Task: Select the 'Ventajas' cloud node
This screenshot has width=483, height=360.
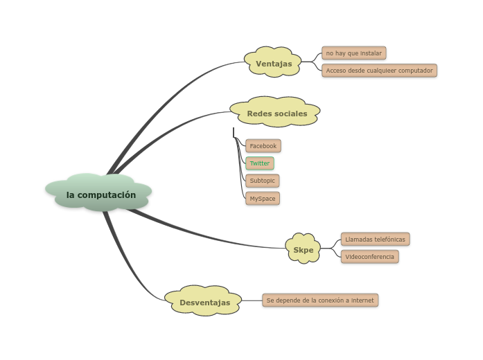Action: [x=273, y=64]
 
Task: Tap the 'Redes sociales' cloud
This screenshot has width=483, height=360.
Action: [x=276, y=113]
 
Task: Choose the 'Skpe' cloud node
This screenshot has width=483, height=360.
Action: [x=303, y=249]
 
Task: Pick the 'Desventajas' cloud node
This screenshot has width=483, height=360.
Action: [x=204, y=302]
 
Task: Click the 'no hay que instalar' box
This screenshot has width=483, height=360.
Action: [x=353, y=53]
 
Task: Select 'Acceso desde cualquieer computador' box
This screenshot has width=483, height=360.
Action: [x=379, y=70]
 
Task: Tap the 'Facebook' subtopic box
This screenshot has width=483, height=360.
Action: [x=263, y=145]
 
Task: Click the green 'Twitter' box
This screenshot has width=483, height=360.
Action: [x=260, y=163]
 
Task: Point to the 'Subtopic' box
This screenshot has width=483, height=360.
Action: [x=262, y=181]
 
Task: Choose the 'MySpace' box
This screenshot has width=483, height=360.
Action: [x=263, y=199]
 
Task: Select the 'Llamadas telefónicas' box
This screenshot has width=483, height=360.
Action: [x=375, y=239]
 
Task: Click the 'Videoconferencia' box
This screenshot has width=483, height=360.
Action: [x=369, y=256]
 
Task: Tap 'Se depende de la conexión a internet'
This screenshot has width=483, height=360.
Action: [x=320, y=300]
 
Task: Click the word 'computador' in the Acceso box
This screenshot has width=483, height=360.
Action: [x=414, y=70]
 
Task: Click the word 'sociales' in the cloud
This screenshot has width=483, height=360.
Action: [x=291, y=114]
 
